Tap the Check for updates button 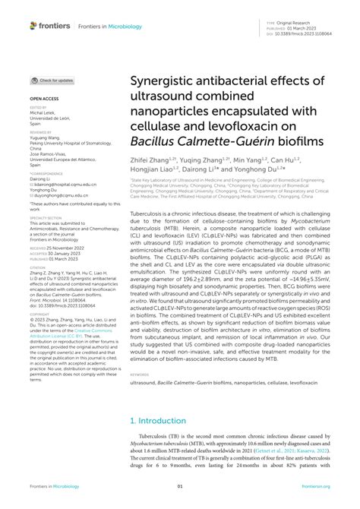coord(52,79)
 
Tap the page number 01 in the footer coord(180,486)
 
